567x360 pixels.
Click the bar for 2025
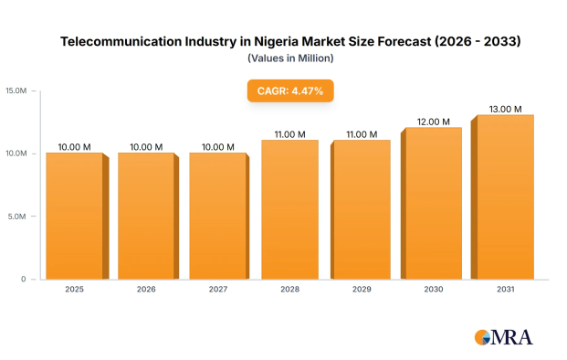[x=78, y=216]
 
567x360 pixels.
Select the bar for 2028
[x=290, y=209]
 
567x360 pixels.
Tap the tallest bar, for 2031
[x=502, y=197]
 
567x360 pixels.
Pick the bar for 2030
[x=431, y=204]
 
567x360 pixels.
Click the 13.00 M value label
[x=505, y=109]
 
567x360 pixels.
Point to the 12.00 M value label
[x=433, y=122]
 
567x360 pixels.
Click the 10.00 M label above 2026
[x=146, y=147]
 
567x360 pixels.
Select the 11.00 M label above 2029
[x=362, y=134]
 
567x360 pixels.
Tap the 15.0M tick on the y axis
[x=16, y=90]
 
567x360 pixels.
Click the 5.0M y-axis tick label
[x=17, y=217]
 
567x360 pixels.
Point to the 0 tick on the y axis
[x=24, y=279]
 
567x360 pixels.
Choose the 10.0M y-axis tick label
[x=16, y=154]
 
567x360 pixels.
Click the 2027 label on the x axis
[x=218, y=289]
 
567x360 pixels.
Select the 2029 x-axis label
[x=362, y=289]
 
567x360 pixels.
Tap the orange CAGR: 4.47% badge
[x=290, y=90]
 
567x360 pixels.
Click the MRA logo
[x=504, y=337]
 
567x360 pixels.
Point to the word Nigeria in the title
[x=276, y=42]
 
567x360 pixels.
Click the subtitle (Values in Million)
[x=290, y=58]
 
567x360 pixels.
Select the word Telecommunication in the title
[x=121, y=41]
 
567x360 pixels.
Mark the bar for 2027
[x=219, y=216]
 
